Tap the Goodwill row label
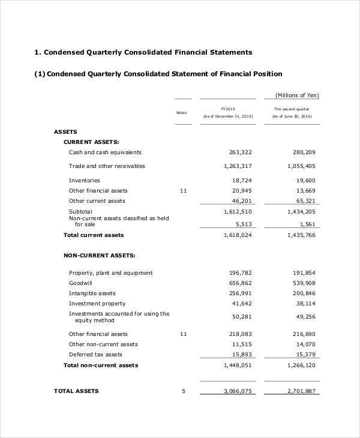[81, 283]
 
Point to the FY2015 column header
[228, 109]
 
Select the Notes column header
[181, 113]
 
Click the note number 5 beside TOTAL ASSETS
[184, 391]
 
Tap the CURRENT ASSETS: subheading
[91, 142]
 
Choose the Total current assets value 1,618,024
[238, 235]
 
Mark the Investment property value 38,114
[304, 303]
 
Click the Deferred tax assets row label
[95, 355]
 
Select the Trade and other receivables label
[107, 166]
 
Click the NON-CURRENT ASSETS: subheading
[99, 256]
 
